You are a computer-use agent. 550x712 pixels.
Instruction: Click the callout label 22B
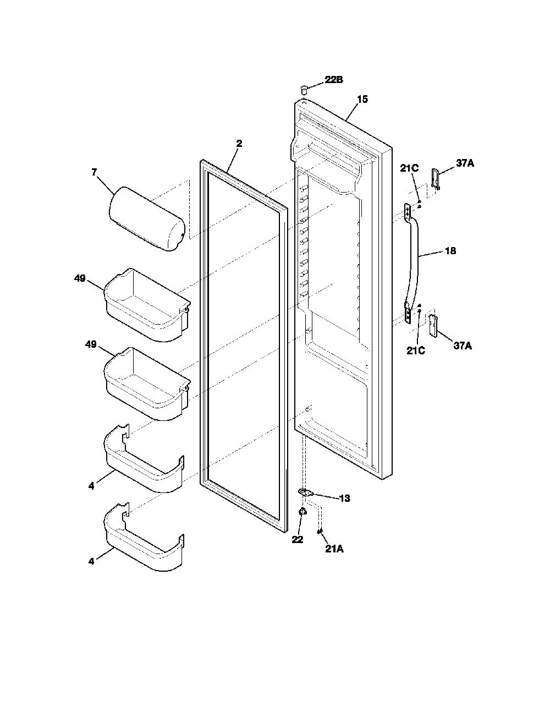[x=334, y=80]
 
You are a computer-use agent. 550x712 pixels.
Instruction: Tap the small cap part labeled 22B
[x=304, y=90]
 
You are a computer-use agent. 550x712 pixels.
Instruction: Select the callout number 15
[x=362, y=99]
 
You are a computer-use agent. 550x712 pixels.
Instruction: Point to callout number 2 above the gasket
[x=239, y=144]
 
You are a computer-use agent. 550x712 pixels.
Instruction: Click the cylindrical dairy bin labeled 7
[x=147, y=218]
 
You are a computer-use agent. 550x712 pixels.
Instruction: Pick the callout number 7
[x=94, y=172]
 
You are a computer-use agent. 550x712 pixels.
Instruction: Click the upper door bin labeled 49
[x=147, y=305]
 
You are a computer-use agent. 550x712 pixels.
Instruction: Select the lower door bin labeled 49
[x=147, y=384]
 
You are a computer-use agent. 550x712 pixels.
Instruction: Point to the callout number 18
[x=450, y=251]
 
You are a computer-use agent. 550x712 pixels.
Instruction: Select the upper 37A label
[x=465, y=163]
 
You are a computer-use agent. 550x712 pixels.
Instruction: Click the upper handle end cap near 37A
[x=436, y=179]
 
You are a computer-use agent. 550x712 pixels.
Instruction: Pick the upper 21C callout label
[x=409, y=168]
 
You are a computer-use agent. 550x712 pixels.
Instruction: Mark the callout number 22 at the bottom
[x=297, y=539]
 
